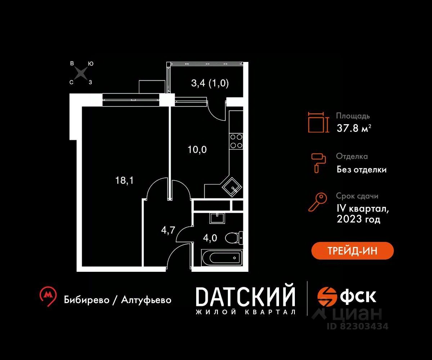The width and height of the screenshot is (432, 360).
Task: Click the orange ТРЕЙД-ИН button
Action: [352, 251]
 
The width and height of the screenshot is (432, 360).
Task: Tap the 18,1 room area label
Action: [124, 180]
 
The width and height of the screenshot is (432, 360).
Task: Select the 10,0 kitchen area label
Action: [197, 150]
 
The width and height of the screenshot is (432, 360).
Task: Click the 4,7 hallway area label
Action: [168, 230]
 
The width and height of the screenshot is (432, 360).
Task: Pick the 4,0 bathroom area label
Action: [210, 238]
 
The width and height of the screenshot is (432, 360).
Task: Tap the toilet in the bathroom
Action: [234, 238]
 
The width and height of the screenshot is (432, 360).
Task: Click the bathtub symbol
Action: [222, 258]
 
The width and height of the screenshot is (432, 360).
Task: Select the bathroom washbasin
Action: [217, 218]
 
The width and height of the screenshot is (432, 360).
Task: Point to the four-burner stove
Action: [236, 141]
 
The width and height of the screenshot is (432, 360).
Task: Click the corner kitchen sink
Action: [232, 188]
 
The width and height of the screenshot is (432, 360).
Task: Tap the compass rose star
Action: [81, 73]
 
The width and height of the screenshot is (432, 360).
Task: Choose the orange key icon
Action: [318, 202]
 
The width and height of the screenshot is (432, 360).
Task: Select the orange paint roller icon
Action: [318, 163]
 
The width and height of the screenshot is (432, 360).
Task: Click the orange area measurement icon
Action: [318, 122]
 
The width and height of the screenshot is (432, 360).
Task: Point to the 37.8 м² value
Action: [354, 128]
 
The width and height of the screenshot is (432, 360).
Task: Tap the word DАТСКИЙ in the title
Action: [246, 297]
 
